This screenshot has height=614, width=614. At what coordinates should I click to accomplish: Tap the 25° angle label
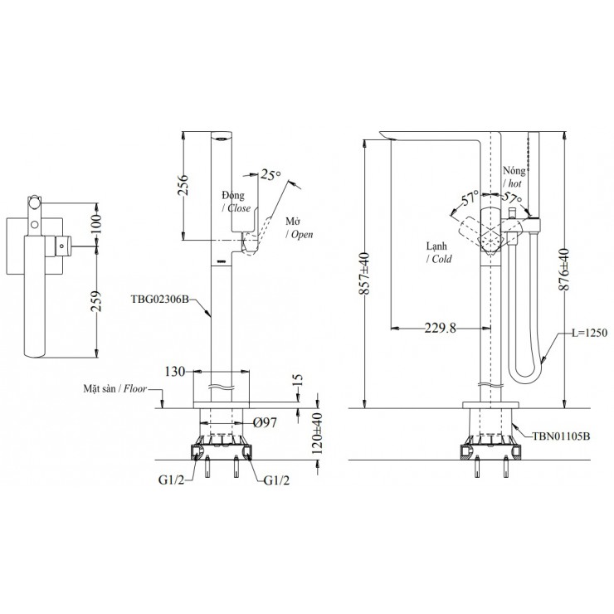270,175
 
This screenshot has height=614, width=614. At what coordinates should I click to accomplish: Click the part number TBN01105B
560,435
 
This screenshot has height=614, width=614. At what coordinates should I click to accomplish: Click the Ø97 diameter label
266,423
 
